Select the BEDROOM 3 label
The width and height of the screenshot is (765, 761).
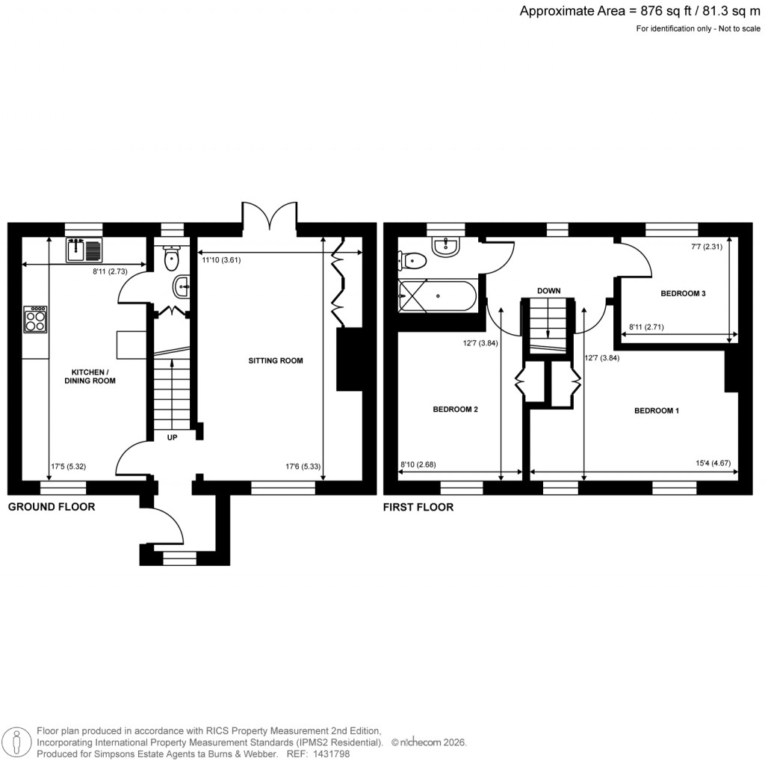pos(683,294)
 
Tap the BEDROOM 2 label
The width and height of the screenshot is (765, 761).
pos(455,410)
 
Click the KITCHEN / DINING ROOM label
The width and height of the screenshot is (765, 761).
pos(93,376)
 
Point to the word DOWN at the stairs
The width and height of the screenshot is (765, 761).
pos(548,291)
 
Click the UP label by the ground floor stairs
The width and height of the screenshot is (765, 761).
pos(172,437)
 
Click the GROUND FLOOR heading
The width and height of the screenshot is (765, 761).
pos(52,507)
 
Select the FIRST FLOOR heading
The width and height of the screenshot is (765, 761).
pos(418,507)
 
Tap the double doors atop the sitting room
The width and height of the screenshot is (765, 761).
pos(270,215)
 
